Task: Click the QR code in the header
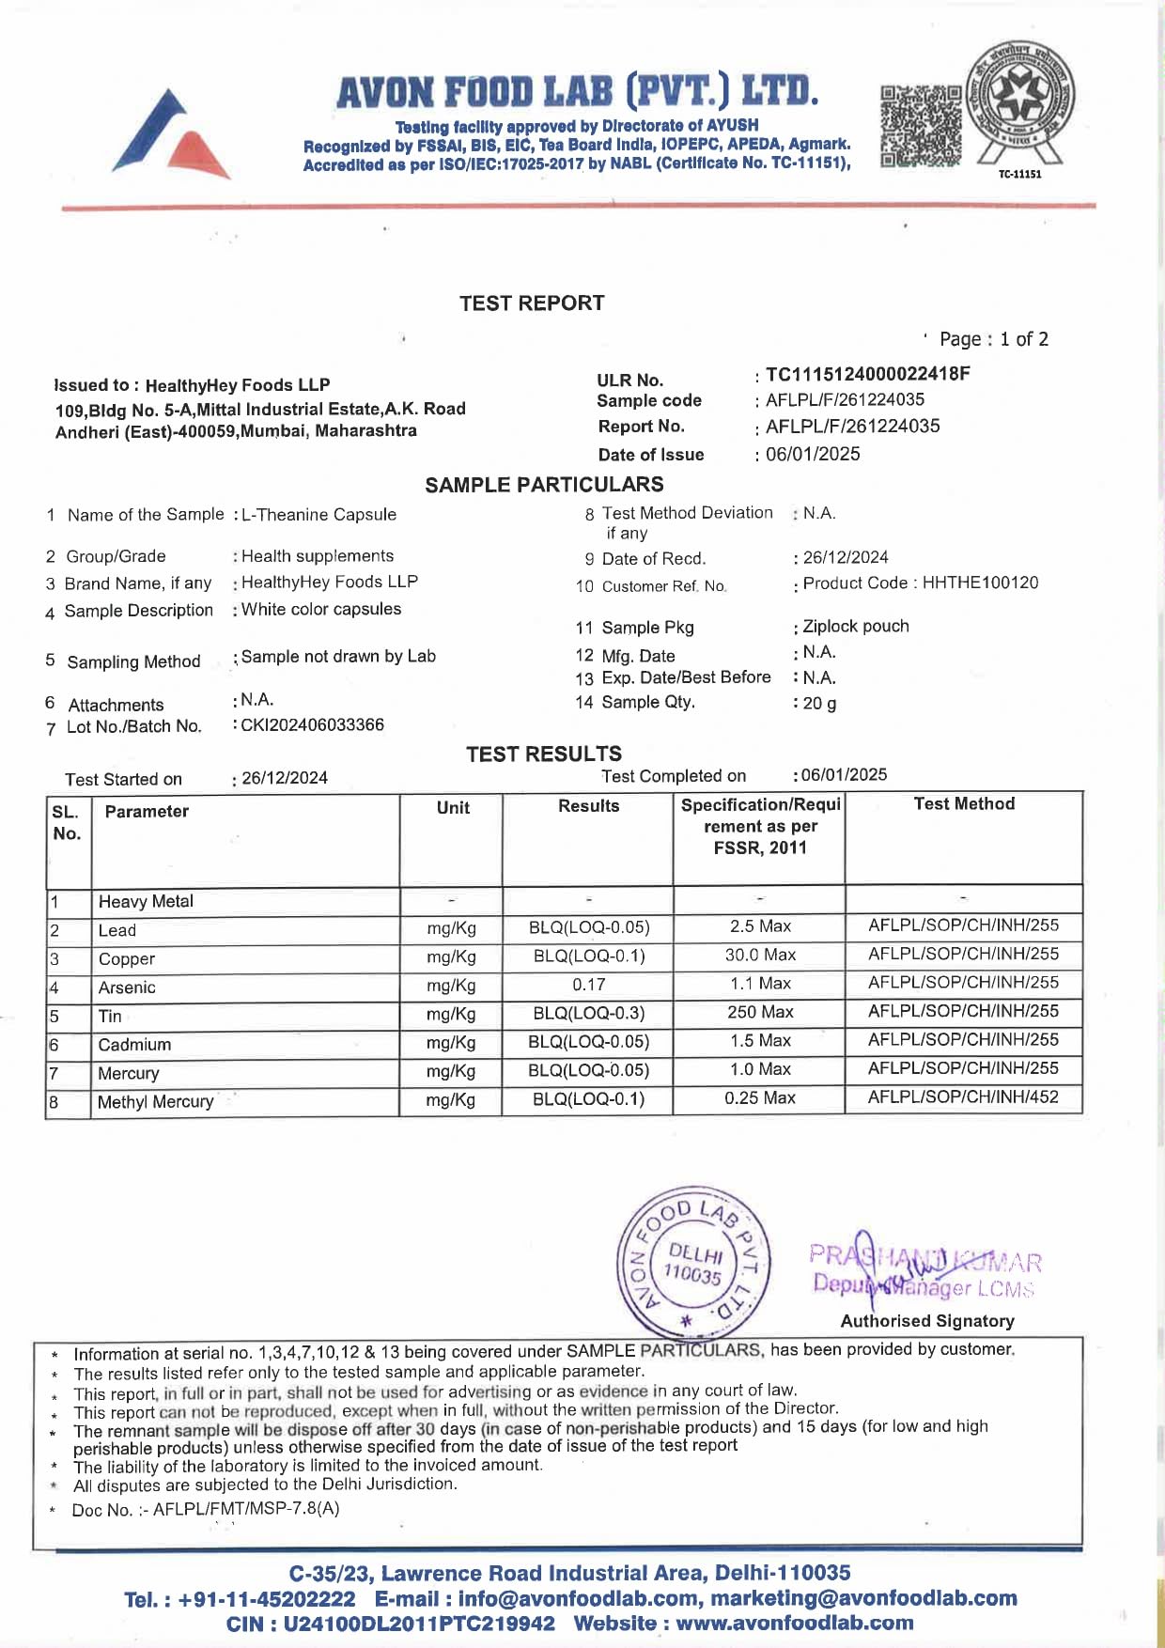[x=921, y=126]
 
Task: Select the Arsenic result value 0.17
[x=588, y=985]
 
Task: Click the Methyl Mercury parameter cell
[x=156, y=1101]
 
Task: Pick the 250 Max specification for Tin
[x=760, y=1012]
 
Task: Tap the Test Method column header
[x=964, y=804]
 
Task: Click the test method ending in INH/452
[x=963, y=1096]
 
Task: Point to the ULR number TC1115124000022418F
[x=867, y=374]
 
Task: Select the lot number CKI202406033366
[x=313, y=724]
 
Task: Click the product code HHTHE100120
[x=980, y=583]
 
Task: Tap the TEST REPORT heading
[x=532, y=303]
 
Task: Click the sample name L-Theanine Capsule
[x=319, y=515]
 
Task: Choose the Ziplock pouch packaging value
[x=856, y=626]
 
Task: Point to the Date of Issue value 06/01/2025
[x=813, y=454]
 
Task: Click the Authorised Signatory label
[x=927, y=1321]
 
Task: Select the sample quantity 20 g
[x=819, y=703]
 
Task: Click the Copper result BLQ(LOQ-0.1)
[x=588, y=956]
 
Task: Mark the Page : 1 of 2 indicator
[x=994, y=339]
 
